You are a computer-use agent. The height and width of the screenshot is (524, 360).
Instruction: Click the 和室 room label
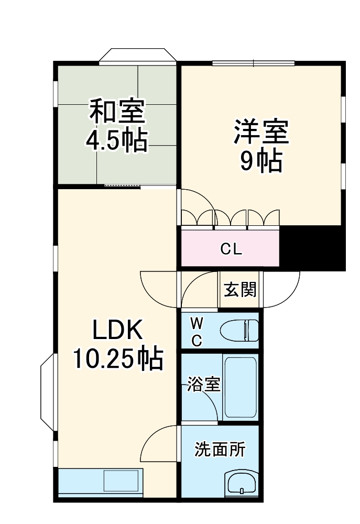117,112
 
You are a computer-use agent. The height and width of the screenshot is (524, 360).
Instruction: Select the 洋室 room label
261,132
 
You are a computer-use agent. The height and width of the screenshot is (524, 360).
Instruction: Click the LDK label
117,331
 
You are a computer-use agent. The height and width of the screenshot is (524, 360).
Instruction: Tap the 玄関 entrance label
241,290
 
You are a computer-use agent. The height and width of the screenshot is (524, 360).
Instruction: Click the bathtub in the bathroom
240,388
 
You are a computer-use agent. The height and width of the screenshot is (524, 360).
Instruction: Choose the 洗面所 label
220,449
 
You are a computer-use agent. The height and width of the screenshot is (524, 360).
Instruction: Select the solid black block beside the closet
313,249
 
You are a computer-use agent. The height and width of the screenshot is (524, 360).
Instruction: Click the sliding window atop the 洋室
253,63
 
